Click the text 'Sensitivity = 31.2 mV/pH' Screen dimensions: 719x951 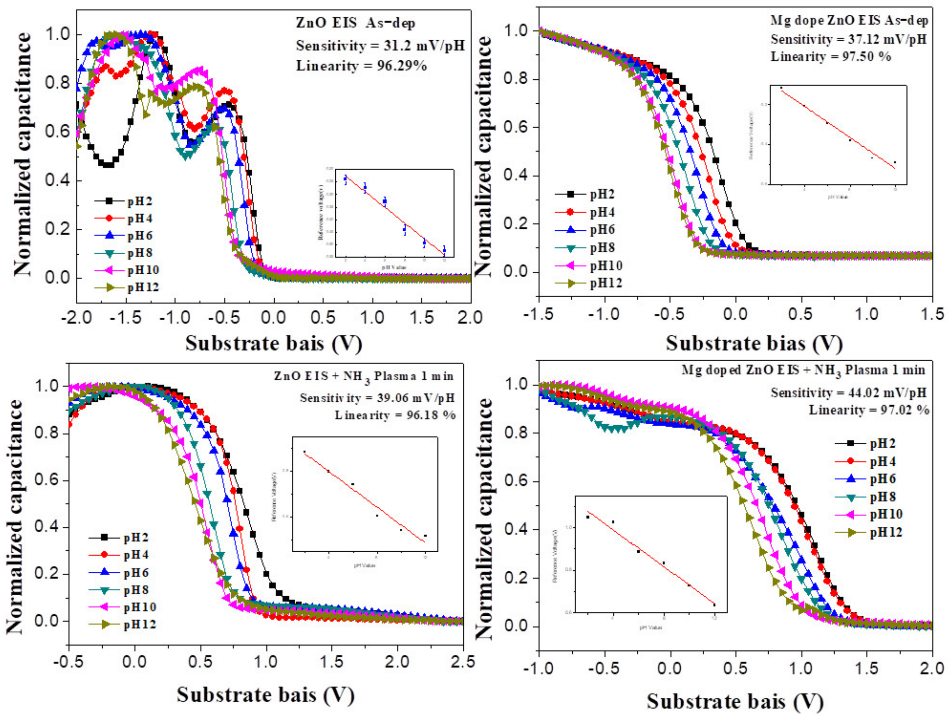pos(380,46)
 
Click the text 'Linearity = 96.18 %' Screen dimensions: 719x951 pos(395,415)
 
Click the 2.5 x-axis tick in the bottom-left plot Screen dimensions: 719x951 pos(463,661)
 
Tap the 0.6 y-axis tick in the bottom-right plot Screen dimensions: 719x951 pos(518,481)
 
